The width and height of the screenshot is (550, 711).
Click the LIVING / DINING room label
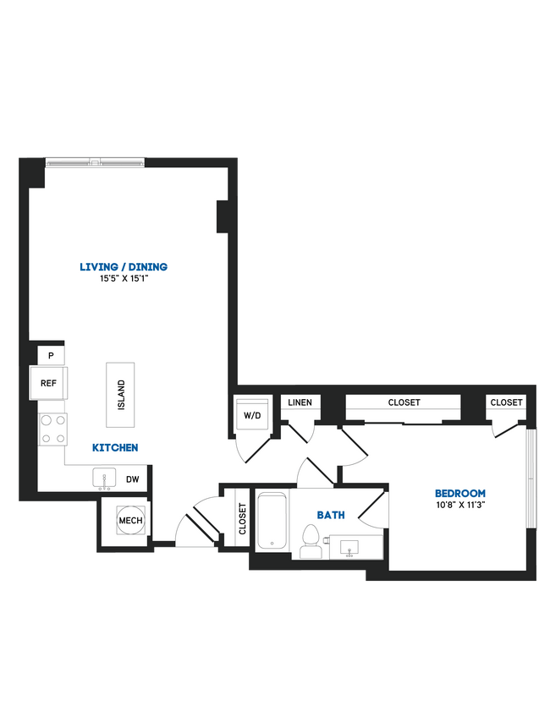click(x=124, y=267)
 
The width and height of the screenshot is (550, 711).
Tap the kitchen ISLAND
click(x=120, y=395)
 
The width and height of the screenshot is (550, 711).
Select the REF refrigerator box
click(x=48, y=383)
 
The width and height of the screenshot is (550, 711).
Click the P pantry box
click(x=51, y=355)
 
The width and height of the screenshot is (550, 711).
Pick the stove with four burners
click(x=52, y=428)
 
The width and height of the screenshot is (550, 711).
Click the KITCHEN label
click(x=116, y=447)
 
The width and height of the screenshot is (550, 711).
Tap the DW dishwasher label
click(x=132, y=479)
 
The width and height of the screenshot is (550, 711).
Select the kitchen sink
click(x=106, y=479)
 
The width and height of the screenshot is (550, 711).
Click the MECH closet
click(x=130, y=521)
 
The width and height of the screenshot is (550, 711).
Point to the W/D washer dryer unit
click(x=252, y=415)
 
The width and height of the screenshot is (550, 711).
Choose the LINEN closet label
click(x=300, y=403)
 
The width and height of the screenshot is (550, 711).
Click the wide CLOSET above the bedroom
click(x=404, y=403)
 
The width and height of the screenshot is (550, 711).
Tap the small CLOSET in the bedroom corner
click(x=506, y=403)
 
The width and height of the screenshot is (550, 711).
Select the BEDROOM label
click(x=460, y=494)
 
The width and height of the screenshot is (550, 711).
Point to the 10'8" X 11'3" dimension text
click(x=460, y=506)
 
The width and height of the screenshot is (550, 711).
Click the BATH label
click(x=330, y=514)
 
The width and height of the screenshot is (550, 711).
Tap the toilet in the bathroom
click(x=310, y=540)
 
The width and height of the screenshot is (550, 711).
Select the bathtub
click(x=272, y=519)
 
